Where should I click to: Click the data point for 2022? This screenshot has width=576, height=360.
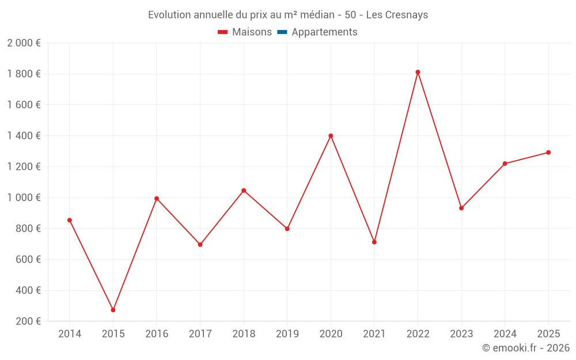click(x=418, y=72)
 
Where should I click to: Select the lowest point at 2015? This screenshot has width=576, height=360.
click(x=113, y=310)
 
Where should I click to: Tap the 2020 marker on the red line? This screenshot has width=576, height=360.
click(x=331, y=136)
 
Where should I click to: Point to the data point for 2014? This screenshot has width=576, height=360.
click(x=70, y=220)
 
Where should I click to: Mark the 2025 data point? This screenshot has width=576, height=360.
click(x=548, y=153)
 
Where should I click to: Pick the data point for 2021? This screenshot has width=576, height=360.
click(x=374, y=242)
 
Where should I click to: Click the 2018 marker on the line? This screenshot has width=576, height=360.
click(x=244, y=191)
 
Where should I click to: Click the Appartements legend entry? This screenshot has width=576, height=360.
click(x=324, y=32)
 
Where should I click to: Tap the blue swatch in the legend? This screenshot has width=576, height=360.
click(x=282, y=32)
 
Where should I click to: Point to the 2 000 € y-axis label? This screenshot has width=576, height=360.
click(x=24, y=43)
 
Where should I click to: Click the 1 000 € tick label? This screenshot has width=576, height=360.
click(x=24, y=198)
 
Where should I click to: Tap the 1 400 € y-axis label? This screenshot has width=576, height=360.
click(x=24, y=136)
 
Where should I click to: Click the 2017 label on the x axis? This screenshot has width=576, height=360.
click(x=200, y=334)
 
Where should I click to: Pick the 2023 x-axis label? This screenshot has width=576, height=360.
click(x=461, y=334)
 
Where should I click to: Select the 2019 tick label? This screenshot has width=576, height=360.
click(x=287, y=334)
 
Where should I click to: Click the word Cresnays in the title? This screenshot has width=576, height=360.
click(x=407, y=15)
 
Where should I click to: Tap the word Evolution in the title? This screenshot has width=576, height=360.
click(x=169, y=15)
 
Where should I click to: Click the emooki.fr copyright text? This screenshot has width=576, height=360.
click(x=526, y=348)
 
